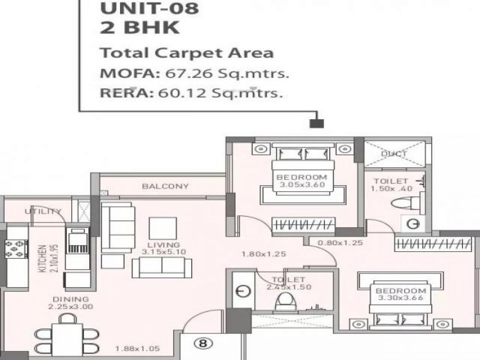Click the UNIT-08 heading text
tap(149, 8)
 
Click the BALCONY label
tap(165, 186)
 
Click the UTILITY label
tap(43, 211)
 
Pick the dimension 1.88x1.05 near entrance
tap(137, 348)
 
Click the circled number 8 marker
tap(204, 343)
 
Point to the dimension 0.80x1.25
tap(340, 242)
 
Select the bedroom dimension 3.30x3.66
tap(401, 298)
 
